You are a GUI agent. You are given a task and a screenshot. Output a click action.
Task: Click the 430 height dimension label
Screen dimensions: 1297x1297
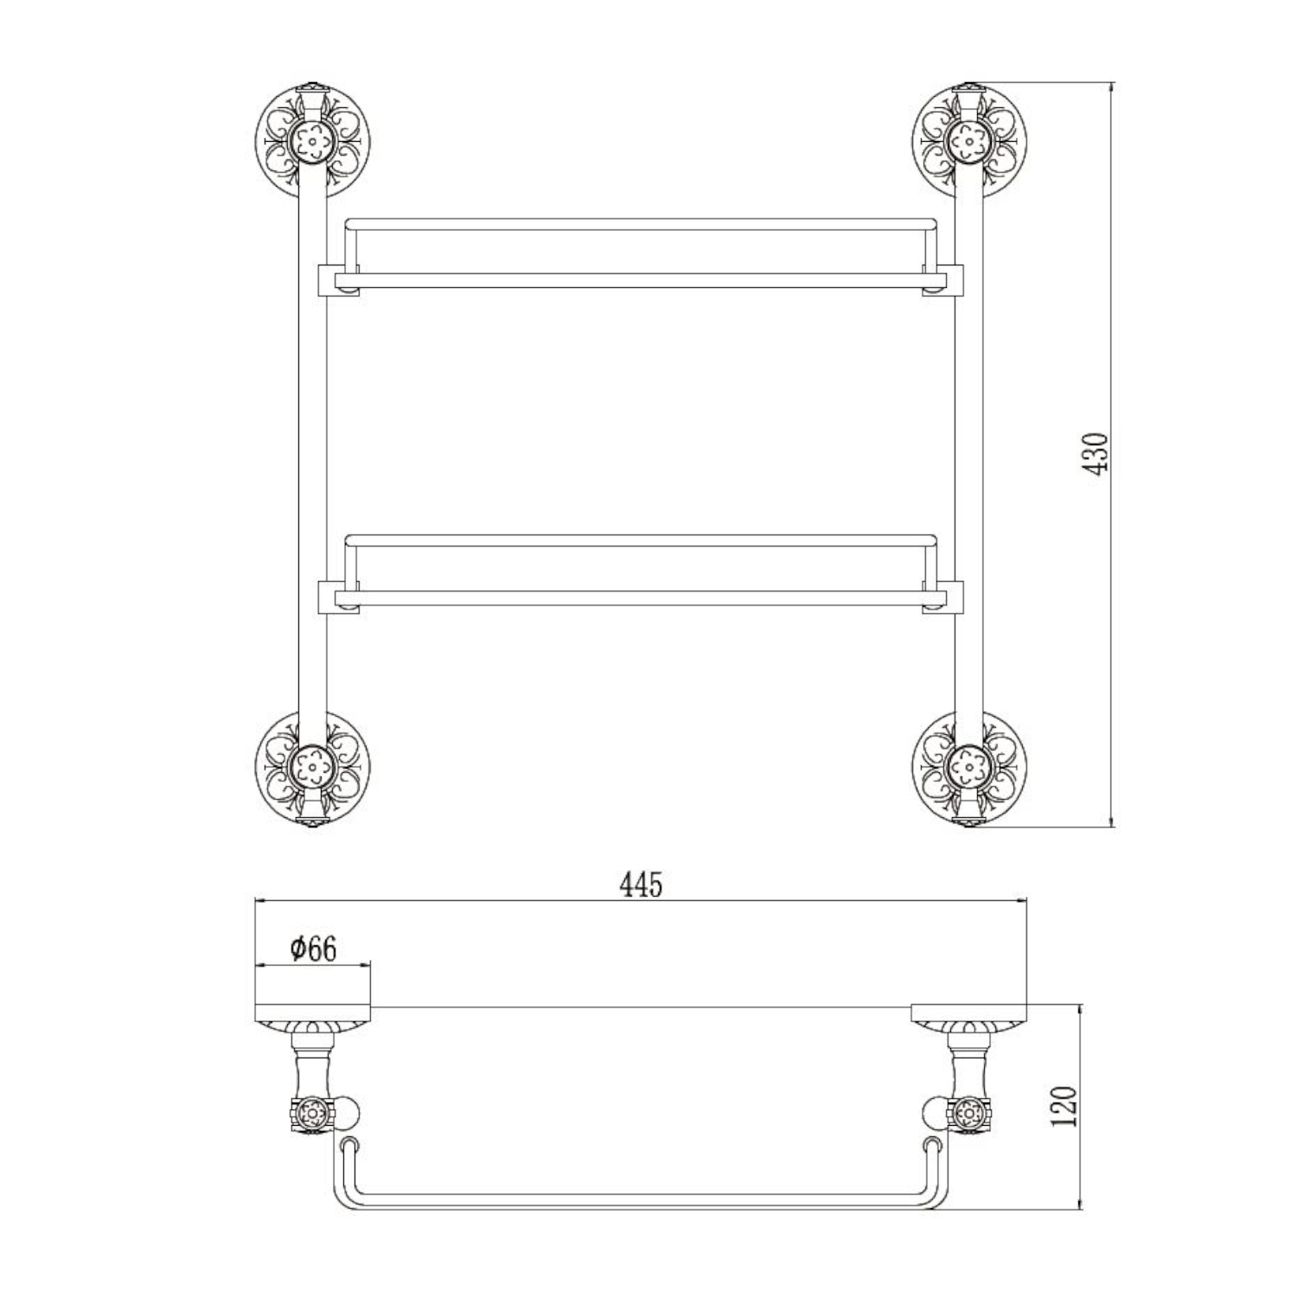1096,452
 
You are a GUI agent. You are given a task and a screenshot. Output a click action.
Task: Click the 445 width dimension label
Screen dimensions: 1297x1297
641,885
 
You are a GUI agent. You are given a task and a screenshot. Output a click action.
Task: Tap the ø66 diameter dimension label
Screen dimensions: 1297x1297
313,949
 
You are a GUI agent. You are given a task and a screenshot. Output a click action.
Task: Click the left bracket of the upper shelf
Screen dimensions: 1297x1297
336,279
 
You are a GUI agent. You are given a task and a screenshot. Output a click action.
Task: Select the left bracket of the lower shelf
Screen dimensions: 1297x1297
336,596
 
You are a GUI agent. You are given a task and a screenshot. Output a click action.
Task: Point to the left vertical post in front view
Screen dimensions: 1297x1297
312,450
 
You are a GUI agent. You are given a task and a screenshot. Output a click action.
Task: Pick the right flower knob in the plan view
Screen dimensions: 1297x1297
968,1115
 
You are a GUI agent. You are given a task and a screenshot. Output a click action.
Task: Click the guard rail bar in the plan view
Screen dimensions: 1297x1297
640,1198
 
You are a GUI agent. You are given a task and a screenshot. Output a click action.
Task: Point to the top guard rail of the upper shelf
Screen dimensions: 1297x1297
640,225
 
